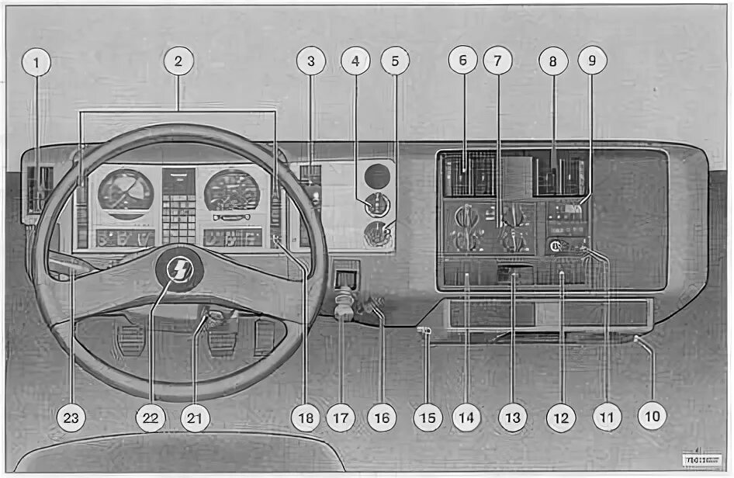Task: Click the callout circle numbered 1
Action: click(x=36, y=62)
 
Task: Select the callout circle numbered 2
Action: click(x=178, y=62)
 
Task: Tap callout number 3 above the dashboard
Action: click(x=311, y=62)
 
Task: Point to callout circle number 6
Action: click(x=463, y=62)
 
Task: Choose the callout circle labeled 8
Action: click(x=553, y=62)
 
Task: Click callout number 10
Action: click(x=652, y=417)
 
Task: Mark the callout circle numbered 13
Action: click(x=511, y=419)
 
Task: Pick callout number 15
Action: click(x=426, y=419)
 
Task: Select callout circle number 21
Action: click(x=195, y=419)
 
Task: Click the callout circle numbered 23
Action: click(x=73, y=419)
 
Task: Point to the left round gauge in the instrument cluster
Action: click(x=125, y=192)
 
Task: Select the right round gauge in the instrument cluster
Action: click(x=231, y=191)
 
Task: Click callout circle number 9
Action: click(x=592, y=62)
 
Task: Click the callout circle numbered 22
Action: click(x=151, y=419)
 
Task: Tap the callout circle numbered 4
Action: click(x=355, y=62)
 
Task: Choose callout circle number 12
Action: click(x=559, y=419)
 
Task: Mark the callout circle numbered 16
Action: click(x=380, y=419)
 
